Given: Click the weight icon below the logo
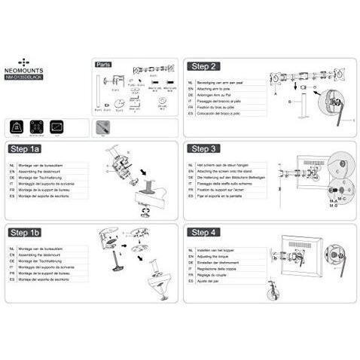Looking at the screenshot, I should pyautogui.click(x=17, y=125).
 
